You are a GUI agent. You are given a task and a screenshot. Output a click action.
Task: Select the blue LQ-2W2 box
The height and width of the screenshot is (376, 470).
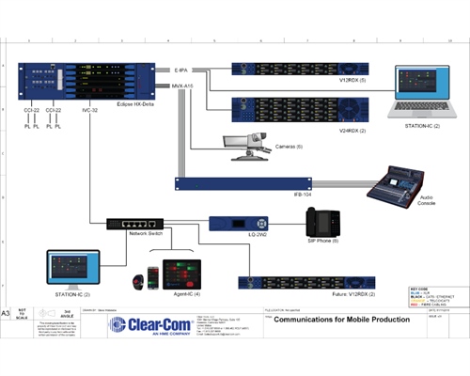tap(226, 223)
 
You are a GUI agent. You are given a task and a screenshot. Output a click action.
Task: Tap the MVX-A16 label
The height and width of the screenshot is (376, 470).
tap(182, 86)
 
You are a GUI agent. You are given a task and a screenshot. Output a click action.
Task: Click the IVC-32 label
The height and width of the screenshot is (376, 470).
tap(89, 112)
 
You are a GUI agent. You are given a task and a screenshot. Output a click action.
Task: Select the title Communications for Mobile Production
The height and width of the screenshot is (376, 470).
tap(338, 321)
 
